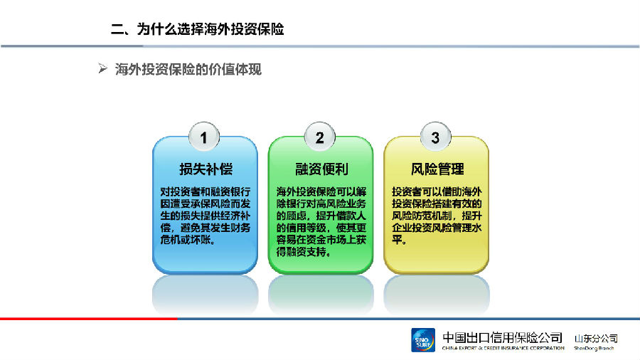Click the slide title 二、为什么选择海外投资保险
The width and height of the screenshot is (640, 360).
pos(198,29)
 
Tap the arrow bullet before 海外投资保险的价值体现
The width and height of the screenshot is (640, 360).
pos(102,68)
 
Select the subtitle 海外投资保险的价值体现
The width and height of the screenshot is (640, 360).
pos(188,70)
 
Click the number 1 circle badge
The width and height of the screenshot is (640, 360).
pos(204,137)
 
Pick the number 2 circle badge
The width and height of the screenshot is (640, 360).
pos(320,137)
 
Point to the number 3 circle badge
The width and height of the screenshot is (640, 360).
pos(435,137)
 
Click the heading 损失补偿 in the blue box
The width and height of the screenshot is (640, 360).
pos(206,169)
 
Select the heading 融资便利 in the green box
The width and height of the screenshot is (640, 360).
pos(321,169)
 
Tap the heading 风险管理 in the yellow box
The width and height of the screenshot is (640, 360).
pos(437,169)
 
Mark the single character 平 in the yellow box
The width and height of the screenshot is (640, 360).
pos(397,240)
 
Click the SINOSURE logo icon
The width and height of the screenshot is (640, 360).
pos(423,340)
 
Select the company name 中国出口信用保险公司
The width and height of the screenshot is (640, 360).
pos(503,337)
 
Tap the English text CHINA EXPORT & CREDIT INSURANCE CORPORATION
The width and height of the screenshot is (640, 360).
pos(503,348)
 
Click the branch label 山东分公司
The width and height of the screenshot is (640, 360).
pos(596,339)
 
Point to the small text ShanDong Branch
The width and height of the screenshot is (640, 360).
pos(594,348)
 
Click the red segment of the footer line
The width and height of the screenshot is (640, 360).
pos(89,318)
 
